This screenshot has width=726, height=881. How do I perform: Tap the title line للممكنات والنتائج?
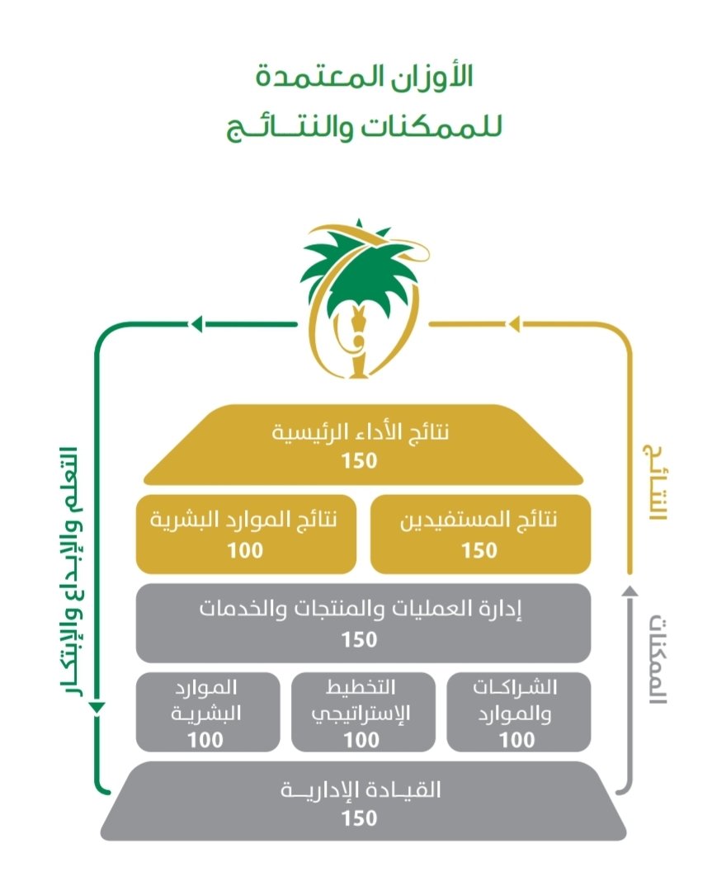tap(362, 128)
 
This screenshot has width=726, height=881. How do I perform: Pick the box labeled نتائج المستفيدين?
tap(479, 534)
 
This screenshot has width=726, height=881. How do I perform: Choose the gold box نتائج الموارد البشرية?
tap(245, 534)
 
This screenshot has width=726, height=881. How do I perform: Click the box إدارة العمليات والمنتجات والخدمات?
tap(362, 623)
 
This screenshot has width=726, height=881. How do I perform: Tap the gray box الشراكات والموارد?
tap(517, 712)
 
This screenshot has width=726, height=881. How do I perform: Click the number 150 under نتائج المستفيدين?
tap(479, 550)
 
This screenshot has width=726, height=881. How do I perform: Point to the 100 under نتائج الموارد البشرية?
tap(245, 550)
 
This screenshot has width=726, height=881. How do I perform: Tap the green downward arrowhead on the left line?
tap(97, 707)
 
